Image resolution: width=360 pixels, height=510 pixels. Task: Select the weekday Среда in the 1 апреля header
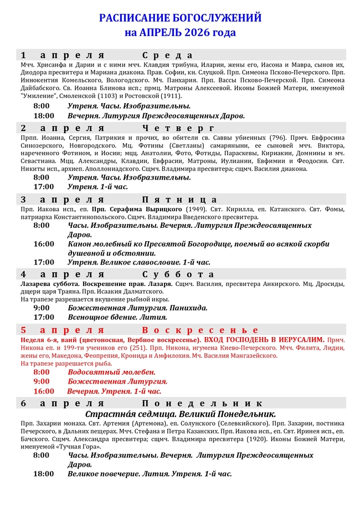point(167,55)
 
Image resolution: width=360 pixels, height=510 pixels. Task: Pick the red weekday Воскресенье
point(200,330)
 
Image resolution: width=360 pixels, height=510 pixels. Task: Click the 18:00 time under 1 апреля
point(44,116)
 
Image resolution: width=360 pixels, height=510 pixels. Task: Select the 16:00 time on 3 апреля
point(44,244)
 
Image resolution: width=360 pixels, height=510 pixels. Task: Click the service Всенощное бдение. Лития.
point(117,317)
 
